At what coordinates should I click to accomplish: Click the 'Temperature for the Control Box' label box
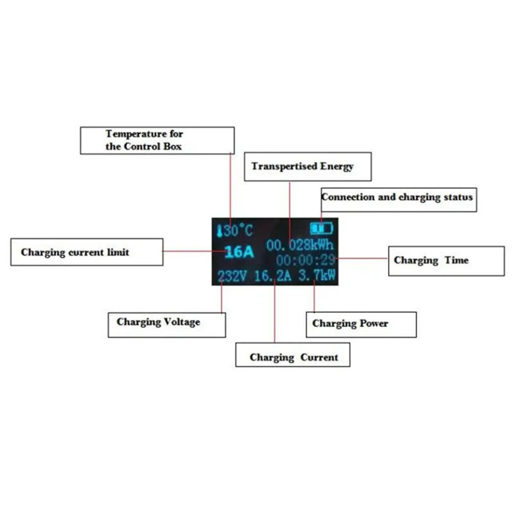coord(157,140)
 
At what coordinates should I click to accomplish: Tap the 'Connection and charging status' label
coord(398,197)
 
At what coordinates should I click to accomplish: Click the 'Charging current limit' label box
coord(87,252)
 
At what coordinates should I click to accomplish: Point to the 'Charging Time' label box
coord(446,260)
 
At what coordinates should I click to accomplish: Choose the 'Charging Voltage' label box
coord(166,323)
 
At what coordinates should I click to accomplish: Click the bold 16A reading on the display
coord(239,251)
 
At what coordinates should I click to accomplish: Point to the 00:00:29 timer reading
coord(306,260)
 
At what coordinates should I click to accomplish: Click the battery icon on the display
coord(322,228)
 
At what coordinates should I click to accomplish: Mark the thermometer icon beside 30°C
coord(219,231)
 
